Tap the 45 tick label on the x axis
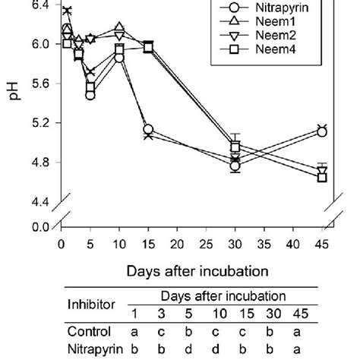pos(321,245)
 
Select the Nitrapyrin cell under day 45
pos(321,349)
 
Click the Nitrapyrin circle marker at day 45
pos(321,132)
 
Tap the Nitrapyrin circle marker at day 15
pos(148,129)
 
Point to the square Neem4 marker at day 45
pos(321,177)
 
